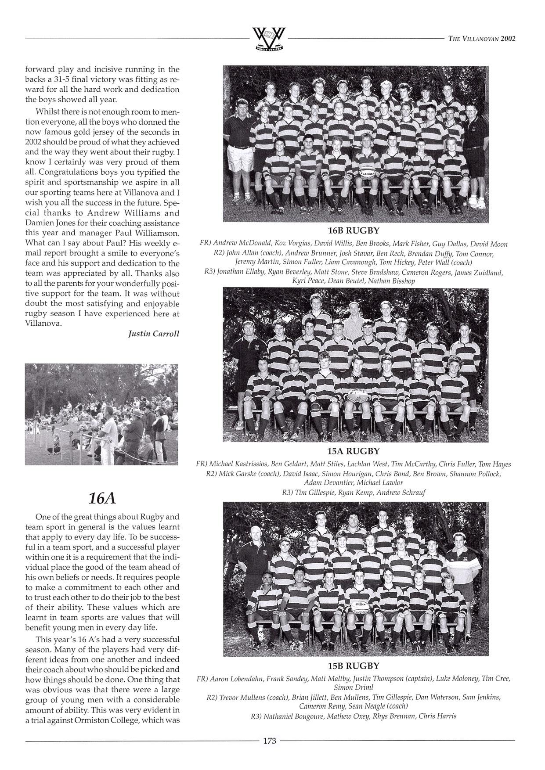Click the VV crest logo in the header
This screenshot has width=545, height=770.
click(x=269, y=39)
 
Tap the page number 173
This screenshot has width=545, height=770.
click(x=269, y=741)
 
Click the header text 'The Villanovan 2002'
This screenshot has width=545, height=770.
click(x=482, y=39)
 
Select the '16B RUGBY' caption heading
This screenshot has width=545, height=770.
click(x=353, y=230)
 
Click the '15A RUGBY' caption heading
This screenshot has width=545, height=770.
click(x=353, y=451)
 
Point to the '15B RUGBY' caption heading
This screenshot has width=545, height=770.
click(x=353, y=666)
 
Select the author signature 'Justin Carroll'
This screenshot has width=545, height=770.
click(x=154, y=334)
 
